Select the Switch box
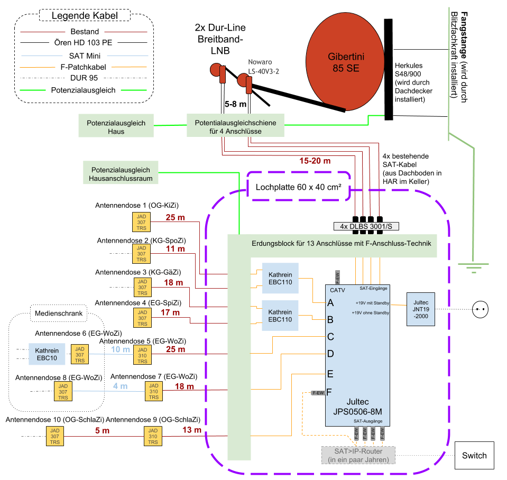tap(474, 455)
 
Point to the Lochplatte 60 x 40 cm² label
tap(299, 187)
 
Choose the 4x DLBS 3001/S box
tap(366, 226)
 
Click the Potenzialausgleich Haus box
tap(116, 127)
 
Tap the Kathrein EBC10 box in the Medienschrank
tap(47, 354)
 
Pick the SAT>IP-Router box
tap(358, 455)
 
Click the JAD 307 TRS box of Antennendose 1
tap(141, 222)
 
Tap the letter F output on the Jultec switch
tap(330, 392)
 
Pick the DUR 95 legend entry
tap(84, 78)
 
